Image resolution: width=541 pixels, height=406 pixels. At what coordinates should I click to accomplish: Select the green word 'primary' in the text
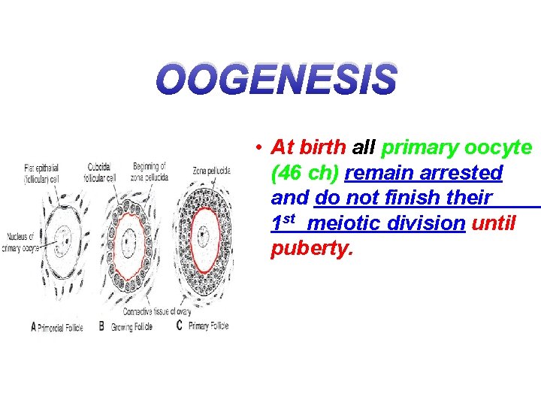tap(421, 147)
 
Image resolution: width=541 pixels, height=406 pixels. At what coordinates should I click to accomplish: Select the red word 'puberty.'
tap(311, 249)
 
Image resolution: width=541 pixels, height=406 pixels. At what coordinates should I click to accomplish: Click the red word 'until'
tap(494, 223)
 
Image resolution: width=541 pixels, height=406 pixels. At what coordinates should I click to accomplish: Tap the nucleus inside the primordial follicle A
tap(65, 243)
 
